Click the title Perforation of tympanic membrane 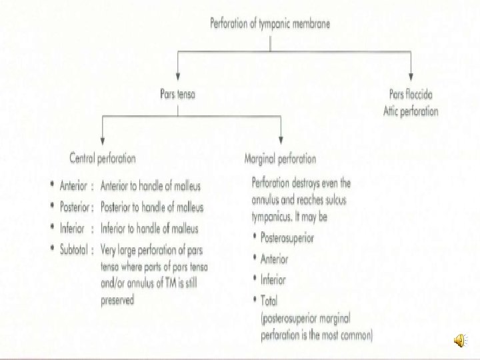point(270,23)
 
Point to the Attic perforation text point(411,111)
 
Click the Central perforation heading point(103,159)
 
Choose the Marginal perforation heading point(280,159)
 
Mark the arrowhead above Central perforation point(102,142)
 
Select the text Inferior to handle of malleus point(149,229)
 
